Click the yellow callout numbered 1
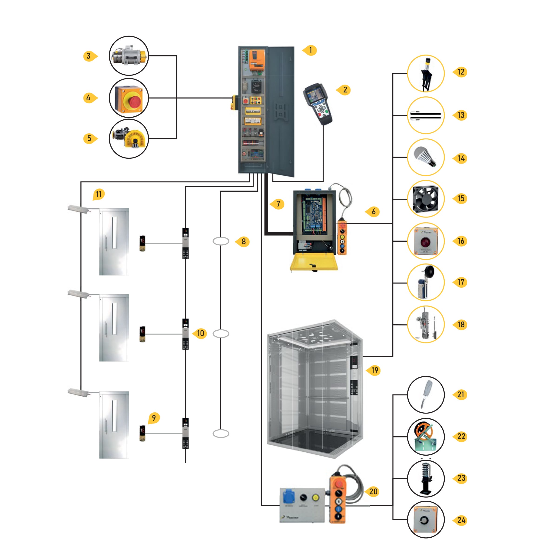[310, 50]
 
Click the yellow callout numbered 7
[278, 204]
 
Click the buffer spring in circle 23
[426, 478]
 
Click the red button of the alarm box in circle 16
[426, 242]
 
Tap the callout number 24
[461, 520]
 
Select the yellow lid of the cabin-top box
[314, 261]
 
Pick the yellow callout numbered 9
[154, 418]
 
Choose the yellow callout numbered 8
[243, 242]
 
